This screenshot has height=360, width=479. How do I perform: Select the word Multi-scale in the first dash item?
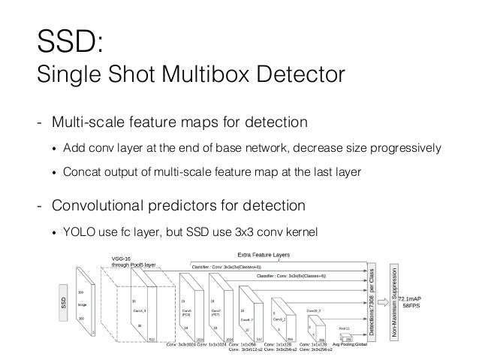pos(101,121)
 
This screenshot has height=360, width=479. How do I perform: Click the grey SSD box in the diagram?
pos(63,301)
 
